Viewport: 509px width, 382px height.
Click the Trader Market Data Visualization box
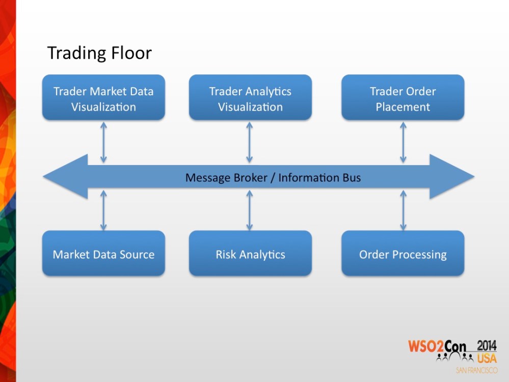[103, 98]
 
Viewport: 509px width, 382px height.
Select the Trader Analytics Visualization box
[250, 98]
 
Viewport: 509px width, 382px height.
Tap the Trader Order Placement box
[403, 98]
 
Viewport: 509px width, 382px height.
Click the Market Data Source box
[103, 254]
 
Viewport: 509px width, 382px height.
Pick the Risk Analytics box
[250, 254]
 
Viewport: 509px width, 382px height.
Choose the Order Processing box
[403, 254]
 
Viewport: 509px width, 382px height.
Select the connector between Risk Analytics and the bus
[250, 210]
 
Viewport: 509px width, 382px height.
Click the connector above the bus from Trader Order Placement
[403, 143]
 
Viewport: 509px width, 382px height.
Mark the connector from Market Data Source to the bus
[103, 210]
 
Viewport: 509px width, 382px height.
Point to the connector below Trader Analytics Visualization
[250, 143]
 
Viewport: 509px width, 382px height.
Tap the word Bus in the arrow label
[351, 178]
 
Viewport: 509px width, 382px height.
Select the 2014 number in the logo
[487, 344]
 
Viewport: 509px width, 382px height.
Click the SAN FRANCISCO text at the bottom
[476, 370]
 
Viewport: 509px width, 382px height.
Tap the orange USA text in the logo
[487, 357]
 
